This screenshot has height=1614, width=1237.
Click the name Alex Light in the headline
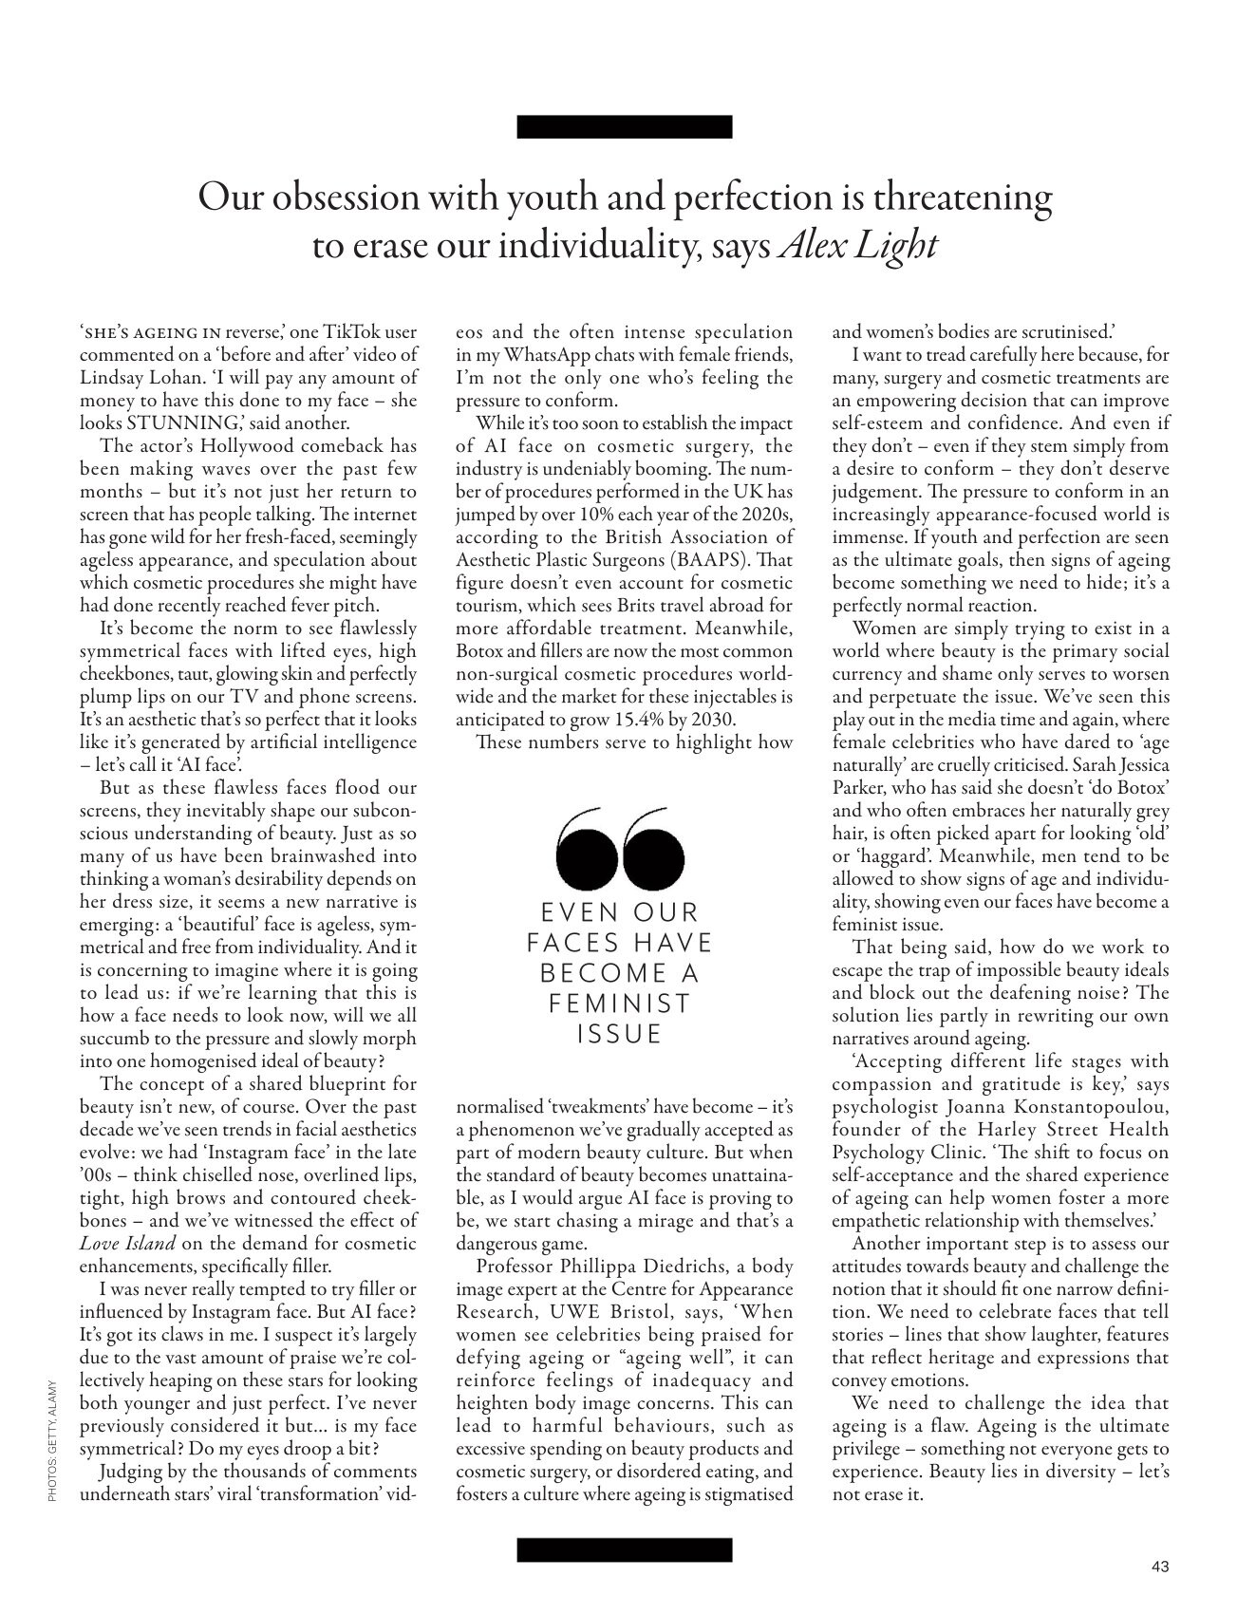click(858, 246)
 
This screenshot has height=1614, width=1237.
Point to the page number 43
click(1159, 1566)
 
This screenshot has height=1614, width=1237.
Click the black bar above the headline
click(625, 127)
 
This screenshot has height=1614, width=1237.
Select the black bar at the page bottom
click(625, 1550)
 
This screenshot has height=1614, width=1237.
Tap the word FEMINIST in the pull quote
click(619, 1003)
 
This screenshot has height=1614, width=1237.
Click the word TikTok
click(354, 332)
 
